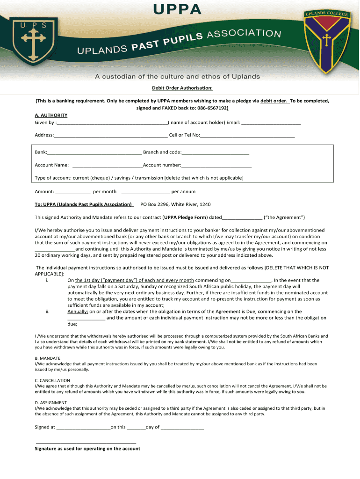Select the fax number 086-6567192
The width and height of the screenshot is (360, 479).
211,108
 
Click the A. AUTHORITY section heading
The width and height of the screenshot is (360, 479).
51,115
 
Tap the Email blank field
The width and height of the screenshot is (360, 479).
271,123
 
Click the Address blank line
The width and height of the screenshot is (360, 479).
111,136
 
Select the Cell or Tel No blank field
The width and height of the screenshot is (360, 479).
247,136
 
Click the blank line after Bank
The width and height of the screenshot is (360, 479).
94,152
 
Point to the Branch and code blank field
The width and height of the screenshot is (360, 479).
216,152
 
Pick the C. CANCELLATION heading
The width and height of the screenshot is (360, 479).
52,380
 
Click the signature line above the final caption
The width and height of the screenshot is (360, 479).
86,442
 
